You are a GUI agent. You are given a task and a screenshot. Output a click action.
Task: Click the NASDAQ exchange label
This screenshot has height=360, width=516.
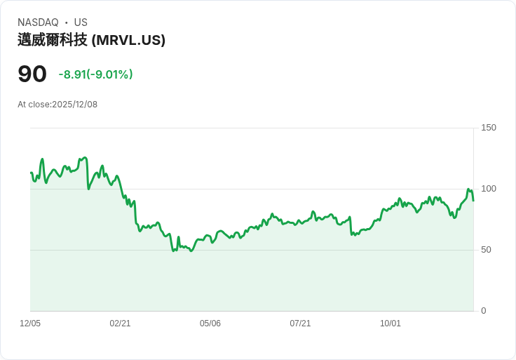(38, 22)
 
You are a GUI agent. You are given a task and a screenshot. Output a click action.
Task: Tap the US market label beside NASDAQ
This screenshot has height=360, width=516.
(81, 22)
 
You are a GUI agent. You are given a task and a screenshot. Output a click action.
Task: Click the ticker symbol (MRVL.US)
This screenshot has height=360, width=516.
(128, 40)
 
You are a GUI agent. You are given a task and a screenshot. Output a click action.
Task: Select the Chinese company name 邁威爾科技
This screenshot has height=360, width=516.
(53, 40)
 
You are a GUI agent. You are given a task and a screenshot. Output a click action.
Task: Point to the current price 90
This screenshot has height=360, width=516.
(32, 74)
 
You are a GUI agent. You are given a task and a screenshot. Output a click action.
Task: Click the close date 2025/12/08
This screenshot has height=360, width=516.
(75, 105)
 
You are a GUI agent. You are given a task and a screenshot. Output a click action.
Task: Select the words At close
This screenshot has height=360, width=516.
(34, 105)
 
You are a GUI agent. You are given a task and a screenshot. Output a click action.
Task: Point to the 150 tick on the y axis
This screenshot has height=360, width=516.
(488, 128)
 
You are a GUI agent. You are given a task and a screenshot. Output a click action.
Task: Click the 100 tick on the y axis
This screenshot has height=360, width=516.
(488, 189)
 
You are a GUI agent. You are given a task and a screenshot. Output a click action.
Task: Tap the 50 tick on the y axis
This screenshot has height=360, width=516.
(486, 250)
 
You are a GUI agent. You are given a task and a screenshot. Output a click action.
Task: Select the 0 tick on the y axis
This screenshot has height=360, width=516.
(483, 311)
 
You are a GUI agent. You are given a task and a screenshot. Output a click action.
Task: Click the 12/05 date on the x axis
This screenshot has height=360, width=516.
(30, 324)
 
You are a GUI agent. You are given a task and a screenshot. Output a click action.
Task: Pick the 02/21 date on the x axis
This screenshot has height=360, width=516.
(120, 324)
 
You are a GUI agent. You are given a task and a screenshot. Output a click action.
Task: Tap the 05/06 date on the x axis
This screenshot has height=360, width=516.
(210, 324)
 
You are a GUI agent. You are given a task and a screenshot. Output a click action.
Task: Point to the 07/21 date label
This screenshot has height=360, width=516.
(300, 324)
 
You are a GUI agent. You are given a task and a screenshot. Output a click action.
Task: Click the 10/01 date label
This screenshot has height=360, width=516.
(391, 324)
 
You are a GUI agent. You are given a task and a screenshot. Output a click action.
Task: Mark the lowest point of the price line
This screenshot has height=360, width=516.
(191, 251)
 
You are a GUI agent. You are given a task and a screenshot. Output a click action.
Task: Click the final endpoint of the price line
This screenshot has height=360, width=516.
(473, 201)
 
